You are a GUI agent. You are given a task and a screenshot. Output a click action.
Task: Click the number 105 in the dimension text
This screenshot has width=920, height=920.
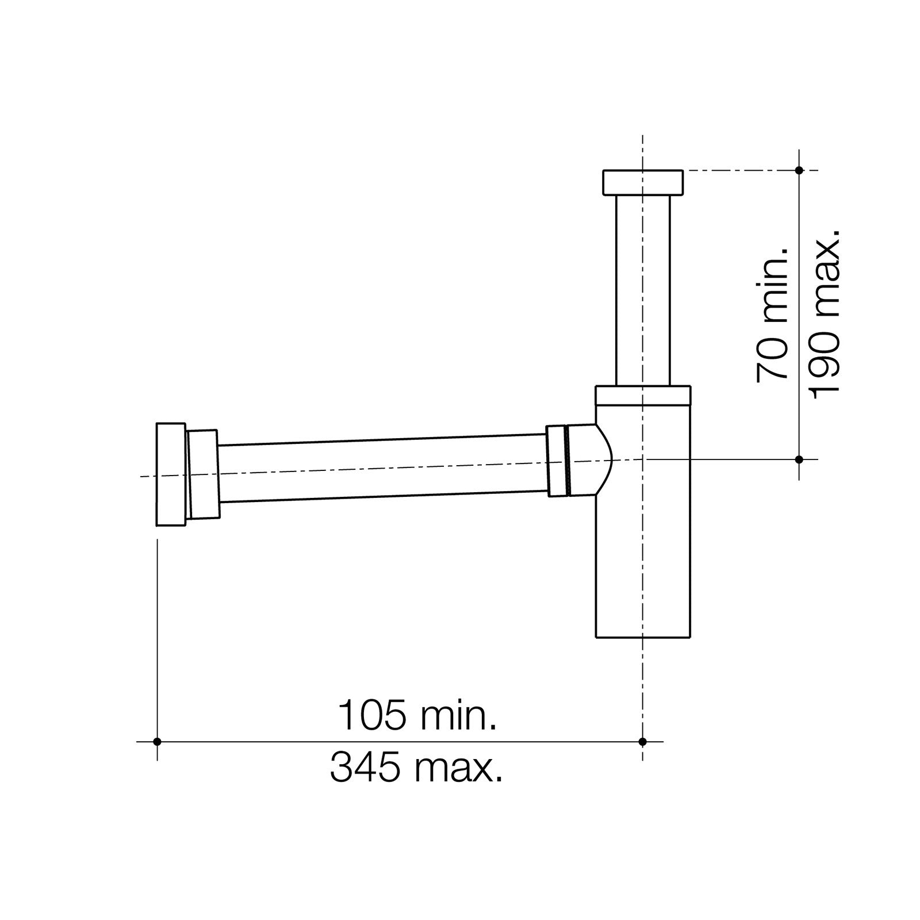point(371,716)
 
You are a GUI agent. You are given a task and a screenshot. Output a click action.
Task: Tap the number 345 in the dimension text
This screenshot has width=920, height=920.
point(365,768)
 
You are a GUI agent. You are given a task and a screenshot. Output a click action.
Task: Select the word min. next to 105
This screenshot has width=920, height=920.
point(458,716)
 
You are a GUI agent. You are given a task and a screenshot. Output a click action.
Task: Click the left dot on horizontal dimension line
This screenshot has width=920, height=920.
point(157,742)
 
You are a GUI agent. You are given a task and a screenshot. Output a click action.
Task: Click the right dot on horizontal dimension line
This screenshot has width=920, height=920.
point(642,742)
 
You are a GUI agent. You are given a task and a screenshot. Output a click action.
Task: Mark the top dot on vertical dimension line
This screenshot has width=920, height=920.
point(799,170)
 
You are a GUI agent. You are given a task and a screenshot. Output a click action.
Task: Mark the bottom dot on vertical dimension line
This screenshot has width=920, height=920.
point(799,459)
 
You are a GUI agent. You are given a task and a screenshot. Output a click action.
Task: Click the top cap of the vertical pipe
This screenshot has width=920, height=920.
point(642,182)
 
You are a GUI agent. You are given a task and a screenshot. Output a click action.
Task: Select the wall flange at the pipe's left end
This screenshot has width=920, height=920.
point(171,474)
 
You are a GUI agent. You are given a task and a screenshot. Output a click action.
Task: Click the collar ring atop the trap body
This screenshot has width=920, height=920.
point(642,395)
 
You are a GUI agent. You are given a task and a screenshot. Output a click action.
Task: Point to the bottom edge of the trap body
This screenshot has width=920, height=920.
point(642,637)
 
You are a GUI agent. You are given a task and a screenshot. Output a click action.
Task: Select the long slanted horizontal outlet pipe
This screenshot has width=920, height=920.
point(382,469)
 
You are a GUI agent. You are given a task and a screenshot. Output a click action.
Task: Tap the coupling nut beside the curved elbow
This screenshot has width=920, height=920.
point(555,461)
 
